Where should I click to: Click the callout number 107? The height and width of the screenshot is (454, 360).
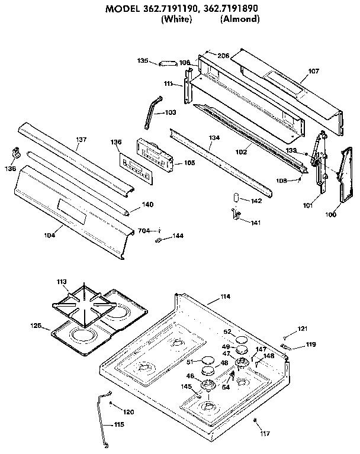coord(313,71)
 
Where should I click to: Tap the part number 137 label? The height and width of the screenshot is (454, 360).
coord(81,139)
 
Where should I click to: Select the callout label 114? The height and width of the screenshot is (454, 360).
coord(225,296)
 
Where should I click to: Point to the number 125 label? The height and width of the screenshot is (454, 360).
coord(36,326)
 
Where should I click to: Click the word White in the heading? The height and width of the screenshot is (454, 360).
coord(176,19)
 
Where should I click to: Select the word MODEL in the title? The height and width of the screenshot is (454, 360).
coord(128,9)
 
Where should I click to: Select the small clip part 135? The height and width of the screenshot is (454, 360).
coord(168,62)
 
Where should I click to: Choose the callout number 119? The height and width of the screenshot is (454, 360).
coord(310,344)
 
